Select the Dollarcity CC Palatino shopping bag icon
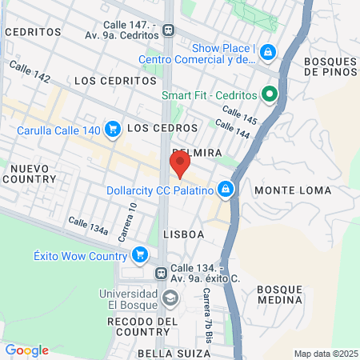coord(226,190)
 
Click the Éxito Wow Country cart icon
coord(141,256)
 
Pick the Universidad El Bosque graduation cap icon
coord(170,298)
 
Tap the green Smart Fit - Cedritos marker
coord(270,95)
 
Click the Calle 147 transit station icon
coord(168,30)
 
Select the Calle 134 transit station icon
coord(162,273)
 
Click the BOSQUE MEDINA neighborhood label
coord(280,294)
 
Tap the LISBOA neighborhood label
coord(183,234)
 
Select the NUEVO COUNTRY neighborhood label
coord(30,174)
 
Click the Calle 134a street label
coord(87,226)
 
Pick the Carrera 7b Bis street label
coord(207,308)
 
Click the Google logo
coord(26,350)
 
